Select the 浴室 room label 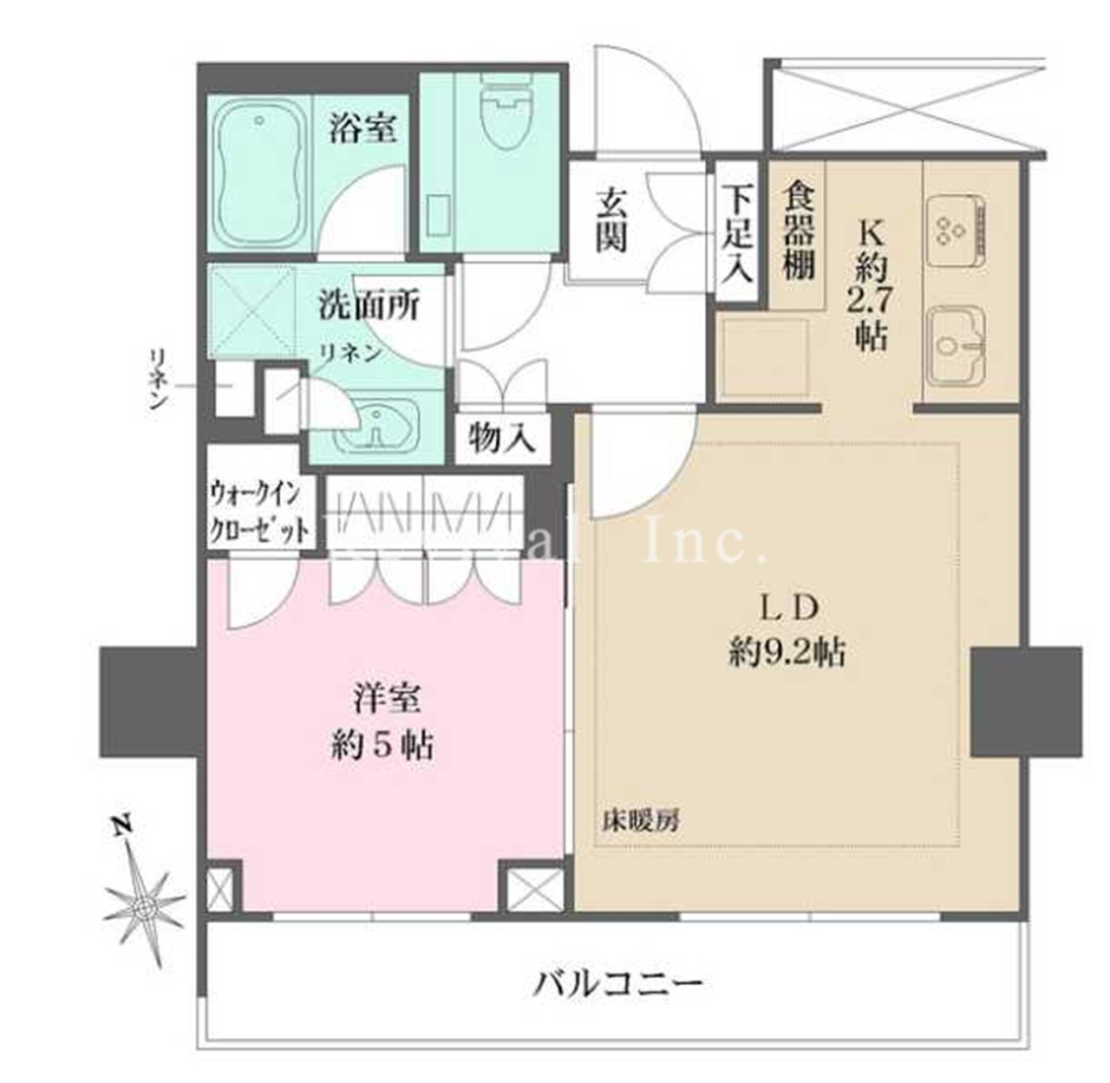click(362, 129)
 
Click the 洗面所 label click(369, 304)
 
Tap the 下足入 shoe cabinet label click(737, 233)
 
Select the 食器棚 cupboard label click(799, 230)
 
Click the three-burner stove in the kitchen click(952, 227)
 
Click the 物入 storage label click(499, 440)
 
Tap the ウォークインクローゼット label click(258, 512)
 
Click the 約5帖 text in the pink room click(383, 746)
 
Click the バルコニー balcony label click(616, 983)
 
